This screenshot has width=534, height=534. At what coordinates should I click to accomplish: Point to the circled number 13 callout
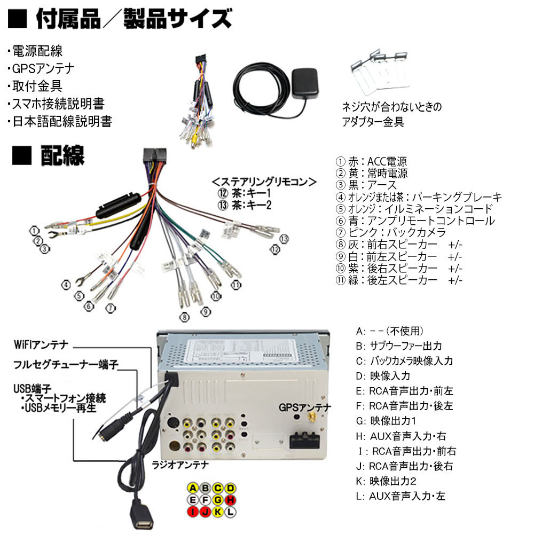click(x=283, y=238)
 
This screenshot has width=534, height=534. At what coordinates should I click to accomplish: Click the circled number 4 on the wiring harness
click(x=66, y=285)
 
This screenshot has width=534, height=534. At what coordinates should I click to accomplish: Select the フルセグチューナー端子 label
click(x=65, y=365)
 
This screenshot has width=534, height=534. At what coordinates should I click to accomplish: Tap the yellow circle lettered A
click(x=193, y=488)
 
